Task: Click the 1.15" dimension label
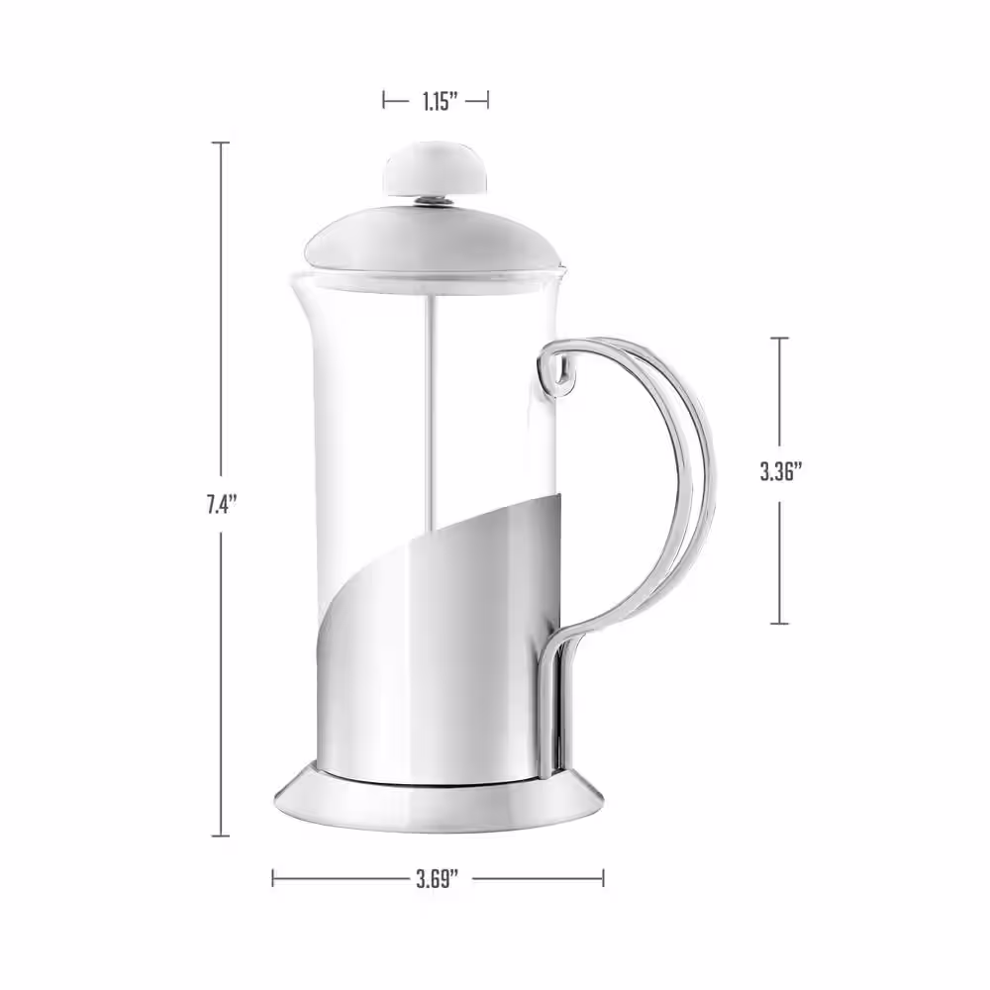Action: pos(436,100)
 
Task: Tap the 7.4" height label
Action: pos(219,504)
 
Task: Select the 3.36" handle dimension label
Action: pos(780,471)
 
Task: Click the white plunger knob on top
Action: pos(436,170)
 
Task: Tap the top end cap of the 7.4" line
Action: pos(220,144)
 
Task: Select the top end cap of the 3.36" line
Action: pos(780,339)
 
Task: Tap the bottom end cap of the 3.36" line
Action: pos(780,623)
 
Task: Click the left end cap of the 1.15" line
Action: pos(384,100)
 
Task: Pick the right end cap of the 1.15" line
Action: pos(488,100)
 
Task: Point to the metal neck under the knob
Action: pos(436,201)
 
